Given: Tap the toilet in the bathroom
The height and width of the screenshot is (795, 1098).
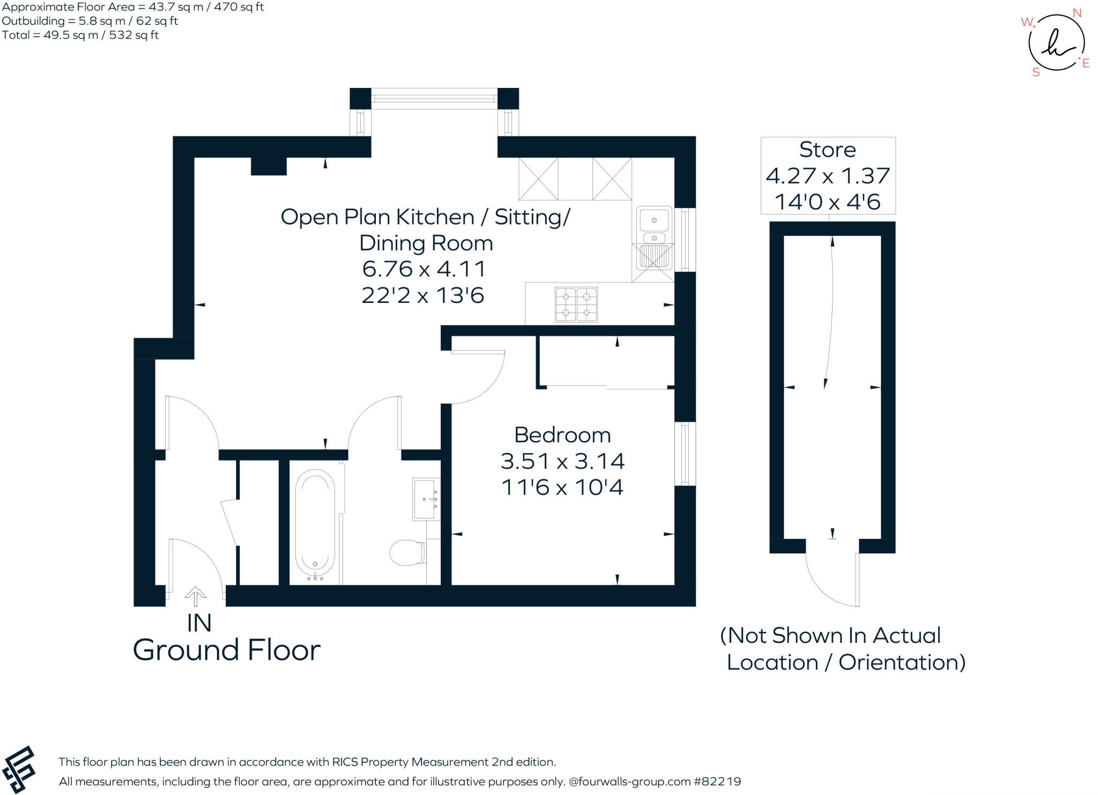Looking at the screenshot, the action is pos(408,553).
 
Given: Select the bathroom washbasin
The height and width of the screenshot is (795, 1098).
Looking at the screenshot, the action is pos(426,499).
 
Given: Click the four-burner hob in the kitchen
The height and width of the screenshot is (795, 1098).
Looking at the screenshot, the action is pos(576,304).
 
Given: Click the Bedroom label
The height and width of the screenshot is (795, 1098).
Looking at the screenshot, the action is pos(562,435).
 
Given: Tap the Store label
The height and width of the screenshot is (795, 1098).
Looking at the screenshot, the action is pos(827,150).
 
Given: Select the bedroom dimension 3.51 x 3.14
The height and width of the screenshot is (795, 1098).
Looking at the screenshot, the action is pos(562,461).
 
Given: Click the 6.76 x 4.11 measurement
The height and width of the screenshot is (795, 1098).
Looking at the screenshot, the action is pos(424,269).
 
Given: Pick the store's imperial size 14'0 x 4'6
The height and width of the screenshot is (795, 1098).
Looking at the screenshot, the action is pos(827,202).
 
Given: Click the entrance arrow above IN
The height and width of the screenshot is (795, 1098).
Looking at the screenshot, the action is pos(196,596).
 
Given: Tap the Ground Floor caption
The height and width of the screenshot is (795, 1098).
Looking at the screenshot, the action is pos(226,650).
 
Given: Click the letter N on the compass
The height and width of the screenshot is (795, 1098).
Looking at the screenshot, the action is pos(1077,13).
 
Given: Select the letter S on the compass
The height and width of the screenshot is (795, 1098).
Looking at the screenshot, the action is pos(1036,72).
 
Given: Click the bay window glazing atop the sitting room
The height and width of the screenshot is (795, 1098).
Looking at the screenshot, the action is pos(434,99).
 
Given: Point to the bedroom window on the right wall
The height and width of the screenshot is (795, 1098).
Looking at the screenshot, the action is pos(685,454).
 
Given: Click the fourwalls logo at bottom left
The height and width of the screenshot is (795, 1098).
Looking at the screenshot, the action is pos(19,769).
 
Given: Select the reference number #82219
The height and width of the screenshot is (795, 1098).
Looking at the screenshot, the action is pos(717,782).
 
